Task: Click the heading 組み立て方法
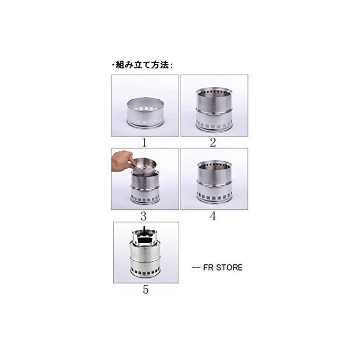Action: [142, 65]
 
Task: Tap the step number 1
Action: [144, 142]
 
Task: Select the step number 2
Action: [213, 142]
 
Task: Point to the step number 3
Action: [143, 216]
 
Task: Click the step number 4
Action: [213, 216]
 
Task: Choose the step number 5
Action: [146, 290]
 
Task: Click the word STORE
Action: [229, 267]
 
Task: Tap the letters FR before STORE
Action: [208, 267]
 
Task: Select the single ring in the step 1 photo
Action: [146, 113]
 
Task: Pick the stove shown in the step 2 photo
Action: [214, 109]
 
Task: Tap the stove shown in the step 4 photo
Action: [214, 183]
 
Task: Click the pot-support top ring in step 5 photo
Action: [144, 237]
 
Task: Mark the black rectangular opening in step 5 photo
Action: [143, 240]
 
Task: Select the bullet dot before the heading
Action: [113, 65]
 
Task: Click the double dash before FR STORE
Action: [196, 268]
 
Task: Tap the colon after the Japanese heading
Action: [171, 65]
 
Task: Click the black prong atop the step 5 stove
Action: [145, 229]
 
